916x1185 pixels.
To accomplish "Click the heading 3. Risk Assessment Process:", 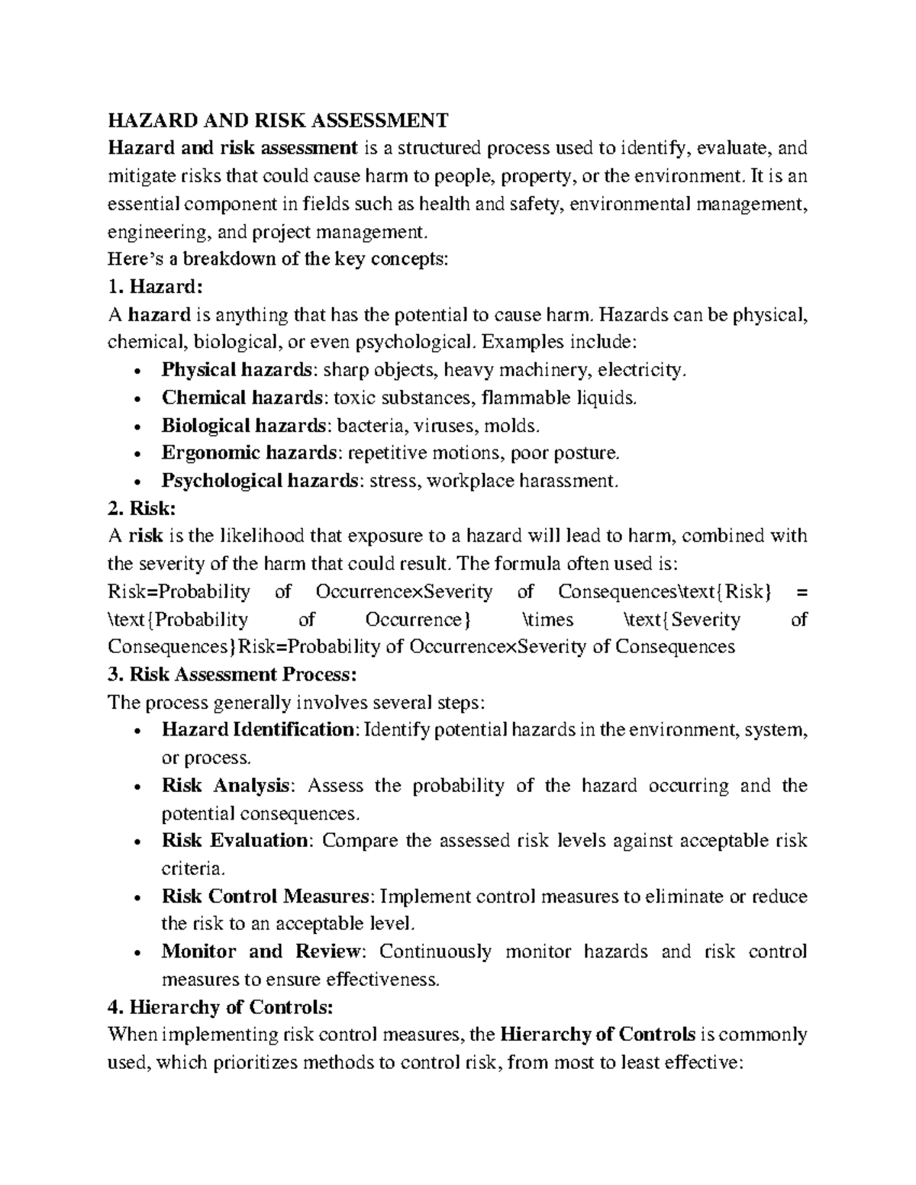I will tap(232, 675).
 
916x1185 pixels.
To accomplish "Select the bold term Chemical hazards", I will tap(241, 398).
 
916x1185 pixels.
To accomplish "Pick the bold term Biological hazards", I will tap(244, 425).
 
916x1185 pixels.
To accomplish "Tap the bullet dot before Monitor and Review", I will tap(136, 953).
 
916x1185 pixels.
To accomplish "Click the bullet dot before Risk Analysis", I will tap(136, 787).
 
